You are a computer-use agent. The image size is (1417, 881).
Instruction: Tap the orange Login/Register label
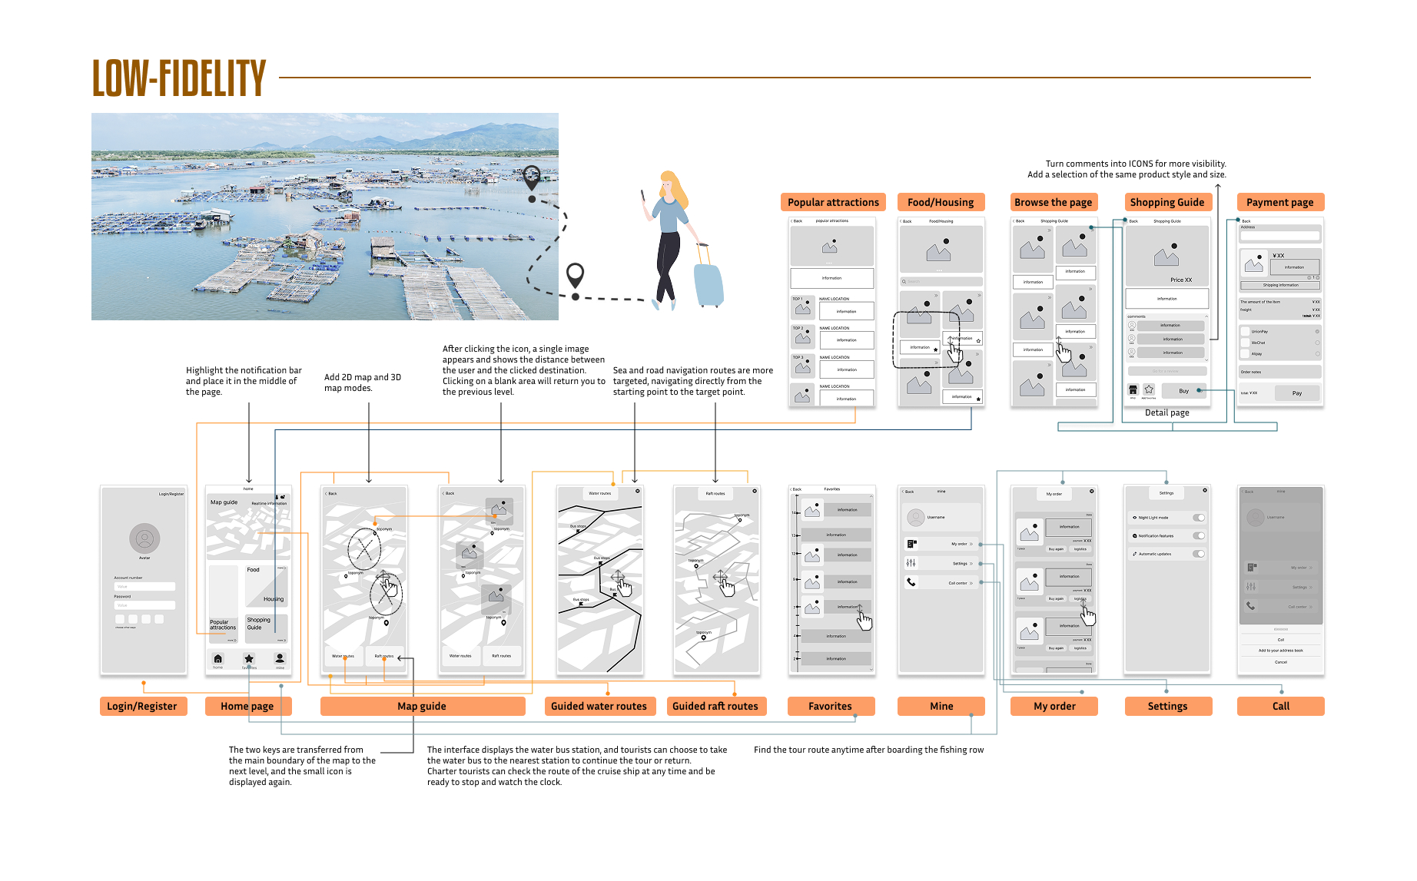[x=143, y=706]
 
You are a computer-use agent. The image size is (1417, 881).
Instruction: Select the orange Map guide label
[x=422, y=706]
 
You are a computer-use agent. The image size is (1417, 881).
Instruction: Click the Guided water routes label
[x=599, y=706]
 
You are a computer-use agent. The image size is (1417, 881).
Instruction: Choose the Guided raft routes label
[x=715, y=706]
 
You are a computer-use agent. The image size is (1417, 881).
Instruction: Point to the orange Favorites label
[x=830, y=706]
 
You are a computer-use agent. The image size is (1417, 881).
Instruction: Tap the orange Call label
[x=1280, y=706]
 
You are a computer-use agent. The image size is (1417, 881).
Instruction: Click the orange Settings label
[x=1167, y=706]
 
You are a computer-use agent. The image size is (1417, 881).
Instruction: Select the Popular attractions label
[x=833, y=202]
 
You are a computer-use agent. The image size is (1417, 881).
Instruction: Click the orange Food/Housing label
[x=940, y=202]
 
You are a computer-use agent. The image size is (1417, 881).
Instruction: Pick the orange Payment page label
[x=1279, y=202]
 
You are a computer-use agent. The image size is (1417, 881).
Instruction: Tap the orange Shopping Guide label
[x=1166, y=202]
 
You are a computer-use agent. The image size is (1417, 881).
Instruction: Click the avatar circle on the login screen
[x=144, y=538]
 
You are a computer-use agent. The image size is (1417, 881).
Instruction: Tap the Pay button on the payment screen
[x=1297, y=392]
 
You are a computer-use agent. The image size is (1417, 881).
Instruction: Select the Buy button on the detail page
[x=1183, y=391]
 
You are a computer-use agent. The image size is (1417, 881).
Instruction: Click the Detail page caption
[x=1166, y=412]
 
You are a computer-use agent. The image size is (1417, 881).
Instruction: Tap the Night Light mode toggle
[x=1199, y=518]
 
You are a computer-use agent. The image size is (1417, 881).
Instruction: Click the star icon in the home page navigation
[x=249, y=659]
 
